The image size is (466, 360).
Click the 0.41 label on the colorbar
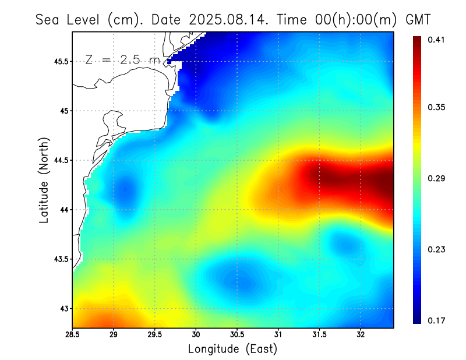[x=437, y=40]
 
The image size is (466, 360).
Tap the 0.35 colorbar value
[x=437, y=108]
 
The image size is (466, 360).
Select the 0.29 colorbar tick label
[x=437, y=178]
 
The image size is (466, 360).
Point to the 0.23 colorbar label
[x=437, y=249]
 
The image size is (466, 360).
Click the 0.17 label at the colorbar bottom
[x=437, y=320]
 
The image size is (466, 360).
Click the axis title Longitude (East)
[x=232, y=349]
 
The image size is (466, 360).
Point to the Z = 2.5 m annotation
[x=122, y=59]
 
